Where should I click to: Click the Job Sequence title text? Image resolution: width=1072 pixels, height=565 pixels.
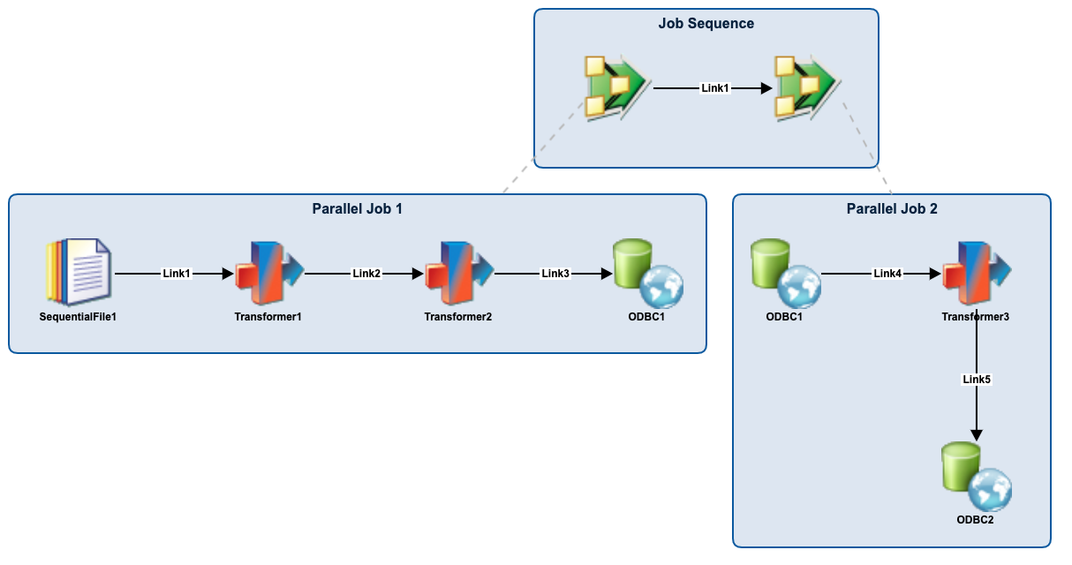[x=706, y=24]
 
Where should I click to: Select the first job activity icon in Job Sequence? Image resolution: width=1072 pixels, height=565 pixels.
[x=615, y=87]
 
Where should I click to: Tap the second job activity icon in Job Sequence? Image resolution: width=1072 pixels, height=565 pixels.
[x=804, y=87]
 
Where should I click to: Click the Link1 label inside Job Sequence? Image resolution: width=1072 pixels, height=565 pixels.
[x=714, y=88]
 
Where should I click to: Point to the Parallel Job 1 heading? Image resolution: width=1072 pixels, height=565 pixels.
[x=357, y=209]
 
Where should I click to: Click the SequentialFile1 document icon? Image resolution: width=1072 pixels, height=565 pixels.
[x=79, y=273]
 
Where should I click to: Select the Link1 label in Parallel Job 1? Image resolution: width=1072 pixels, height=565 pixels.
[x=177, y=274]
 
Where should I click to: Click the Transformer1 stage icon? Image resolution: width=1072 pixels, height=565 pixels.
[x=268, y=273]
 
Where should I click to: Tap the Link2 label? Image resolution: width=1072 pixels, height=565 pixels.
[x=366, y=274]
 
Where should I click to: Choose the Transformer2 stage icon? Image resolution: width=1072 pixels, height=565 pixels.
[x=458, y=273]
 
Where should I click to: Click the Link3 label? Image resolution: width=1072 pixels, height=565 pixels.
[x=555, y=274]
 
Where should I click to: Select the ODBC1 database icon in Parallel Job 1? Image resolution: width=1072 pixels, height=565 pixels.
[x=647, y=273]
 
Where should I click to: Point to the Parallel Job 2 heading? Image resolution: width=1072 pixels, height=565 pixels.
[x=892, y=209]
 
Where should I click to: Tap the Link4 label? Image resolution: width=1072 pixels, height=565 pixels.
[x=887, y=274]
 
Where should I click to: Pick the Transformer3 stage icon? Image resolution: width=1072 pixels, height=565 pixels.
[x=976, y=273]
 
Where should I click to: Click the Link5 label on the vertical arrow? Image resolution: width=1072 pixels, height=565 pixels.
[x=977, y=380]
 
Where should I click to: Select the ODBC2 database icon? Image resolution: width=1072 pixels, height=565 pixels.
[x=976, y=476]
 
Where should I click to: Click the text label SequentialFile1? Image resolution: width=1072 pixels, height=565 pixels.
[x=78, y=317]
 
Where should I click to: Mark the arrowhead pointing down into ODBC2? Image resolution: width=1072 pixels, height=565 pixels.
[x=977, y=434]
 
